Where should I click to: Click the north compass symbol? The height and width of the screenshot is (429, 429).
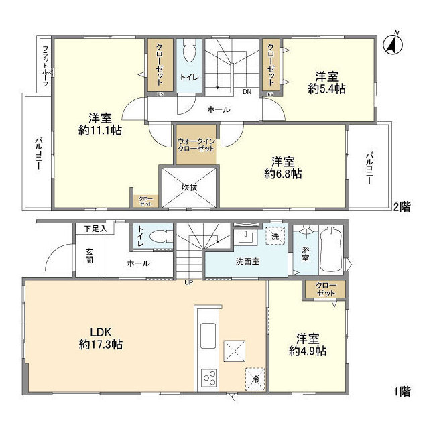point(393,44)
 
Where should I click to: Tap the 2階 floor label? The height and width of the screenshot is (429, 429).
point(402,207)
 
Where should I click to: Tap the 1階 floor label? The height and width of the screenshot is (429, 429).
point(402,391)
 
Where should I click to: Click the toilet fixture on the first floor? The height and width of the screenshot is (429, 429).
point(162,236)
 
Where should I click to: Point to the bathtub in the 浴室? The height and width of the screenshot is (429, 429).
point(331,249)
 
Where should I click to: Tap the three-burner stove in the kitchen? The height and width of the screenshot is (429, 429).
point(209,378)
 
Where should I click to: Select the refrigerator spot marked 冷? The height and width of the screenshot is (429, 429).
point(255,379)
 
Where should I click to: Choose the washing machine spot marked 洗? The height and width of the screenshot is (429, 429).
point(275,235)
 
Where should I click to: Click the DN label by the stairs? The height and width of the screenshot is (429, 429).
point(247,92)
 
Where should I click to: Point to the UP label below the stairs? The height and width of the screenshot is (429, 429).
point(188,282)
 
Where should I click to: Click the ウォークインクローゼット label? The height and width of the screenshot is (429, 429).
point(196,145)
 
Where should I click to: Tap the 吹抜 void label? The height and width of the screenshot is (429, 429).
point(189,188)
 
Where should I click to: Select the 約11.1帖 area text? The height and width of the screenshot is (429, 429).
point(100,131)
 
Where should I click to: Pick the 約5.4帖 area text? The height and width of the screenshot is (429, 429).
point(326,89)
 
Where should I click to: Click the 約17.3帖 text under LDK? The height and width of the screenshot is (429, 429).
point(101,344)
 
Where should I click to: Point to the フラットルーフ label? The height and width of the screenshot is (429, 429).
point(46,66)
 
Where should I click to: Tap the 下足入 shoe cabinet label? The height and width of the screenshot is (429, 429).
point(95,229)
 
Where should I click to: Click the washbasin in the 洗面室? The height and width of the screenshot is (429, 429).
point(245,236)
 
